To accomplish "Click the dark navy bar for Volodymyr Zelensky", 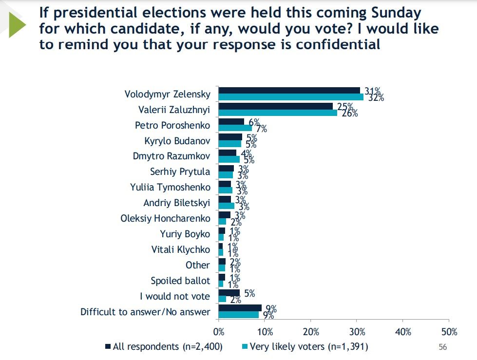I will pos(289,90).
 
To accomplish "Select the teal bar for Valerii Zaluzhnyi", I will pos(278,113).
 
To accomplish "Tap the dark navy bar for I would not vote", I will pos(229,293).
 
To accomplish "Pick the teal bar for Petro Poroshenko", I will pos(235,128).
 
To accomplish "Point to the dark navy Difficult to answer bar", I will pos(240,308).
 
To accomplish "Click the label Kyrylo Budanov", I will pos(177,141).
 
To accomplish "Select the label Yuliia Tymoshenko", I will pos(170,188).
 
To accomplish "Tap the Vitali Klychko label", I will pos(181,250).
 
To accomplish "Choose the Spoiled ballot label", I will pos(180,281).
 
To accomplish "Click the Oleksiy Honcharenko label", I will pos(165,219).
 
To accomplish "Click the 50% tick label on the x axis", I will pos(449,332).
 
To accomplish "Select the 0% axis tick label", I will pos(219,332).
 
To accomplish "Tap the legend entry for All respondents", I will pos(164,347).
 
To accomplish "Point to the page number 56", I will pos(442,347).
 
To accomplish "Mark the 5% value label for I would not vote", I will pos(248,293).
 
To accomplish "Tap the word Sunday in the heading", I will pos(389,12).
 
